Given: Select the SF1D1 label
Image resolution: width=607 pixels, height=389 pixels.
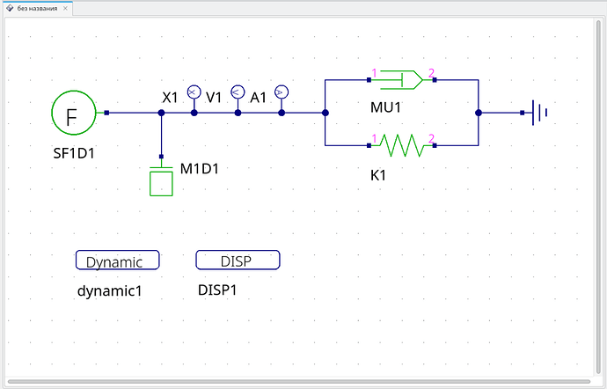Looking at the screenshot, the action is pos(74,153).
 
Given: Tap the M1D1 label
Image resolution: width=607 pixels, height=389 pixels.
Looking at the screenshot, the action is pos(200,169).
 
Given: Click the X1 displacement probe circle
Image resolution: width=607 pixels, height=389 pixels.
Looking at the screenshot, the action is pos(194,92).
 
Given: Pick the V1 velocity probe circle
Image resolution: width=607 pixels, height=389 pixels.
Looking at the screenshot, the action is pos(238,92).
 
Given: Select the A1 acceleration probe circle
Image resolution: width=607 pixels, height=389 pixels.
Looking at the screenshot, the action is pos(282,92).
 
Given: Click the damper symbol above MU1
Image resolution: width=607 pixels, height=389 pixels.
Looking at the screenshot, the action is pos(401,80).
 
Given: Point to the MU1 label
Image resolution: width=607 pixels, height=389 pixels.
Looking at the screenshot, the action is pos(385,107).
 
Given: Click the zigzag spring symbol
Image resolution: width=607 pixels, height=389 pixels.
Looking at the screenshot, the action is pos(401,145).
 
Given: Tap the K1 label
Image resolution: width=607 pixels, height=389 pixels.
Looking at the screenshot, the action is pos(378,175).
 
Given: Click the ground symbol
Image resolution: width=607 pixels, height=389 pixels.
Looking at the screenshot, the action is pos(539,113).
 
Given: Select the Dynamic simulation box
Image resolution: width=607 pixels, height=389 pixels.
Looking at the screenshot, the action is pos(117,260).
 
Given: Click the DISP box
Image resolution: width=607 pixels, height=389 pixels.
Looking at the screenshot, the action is pos(238,260).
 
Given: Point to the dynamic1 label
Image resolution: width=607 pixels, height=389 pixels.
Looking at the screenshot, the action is pos(110,290).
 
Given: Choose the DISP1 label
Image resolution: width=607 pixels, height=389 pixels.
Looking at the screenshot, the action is pos(217,290).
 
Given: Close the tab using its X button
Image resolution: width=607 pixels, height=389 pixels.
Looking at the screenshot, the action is pos(65,8).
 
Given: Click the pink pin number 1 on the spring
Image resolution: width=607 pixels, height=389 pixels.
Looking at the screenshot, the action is pos(374,138).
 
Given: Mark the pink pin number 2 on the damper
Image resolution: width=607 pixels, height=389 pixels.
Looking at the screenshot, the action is pos(431,73).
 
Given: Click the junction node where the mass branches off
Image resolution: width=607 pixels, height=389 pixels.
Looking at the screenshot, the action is pos(162,113).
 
